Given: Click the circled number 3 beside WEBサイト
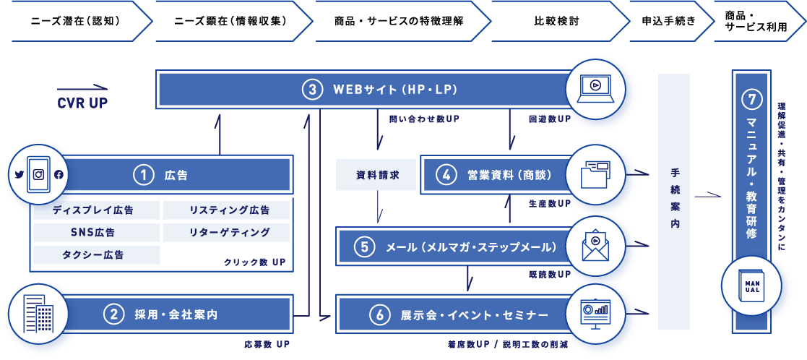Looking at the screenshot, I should (311, 90).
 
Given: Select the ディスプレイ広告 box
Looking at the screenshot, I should (96, 210).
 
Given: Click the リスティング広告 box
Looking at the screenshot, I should (226, 210).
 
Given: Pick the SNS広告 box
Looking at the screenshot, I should (96, 233).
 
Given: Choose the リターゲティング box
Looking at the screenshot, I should (226, 233).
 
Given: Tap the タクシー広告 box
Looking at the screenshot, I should (96, 254).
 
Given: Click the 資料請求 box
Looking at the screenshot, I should (376, 175).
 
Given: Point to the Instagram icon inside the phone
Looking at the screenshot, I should (39, 174).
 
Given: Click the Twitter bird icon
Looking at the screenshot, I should (20, 174).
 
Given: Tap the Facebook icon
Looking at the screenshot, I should (59, 174).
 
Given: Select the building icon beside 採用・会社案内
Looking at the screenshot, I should (38, 314).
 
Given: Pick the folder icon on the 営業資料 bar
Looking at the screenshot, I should (595, 174).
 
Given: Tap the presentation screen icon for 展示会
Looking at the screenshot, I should (595, 314).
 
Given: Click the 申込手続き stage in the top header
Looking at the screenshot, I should (668, 21).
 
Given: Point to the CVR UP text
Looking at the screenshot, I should (82, 103).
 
